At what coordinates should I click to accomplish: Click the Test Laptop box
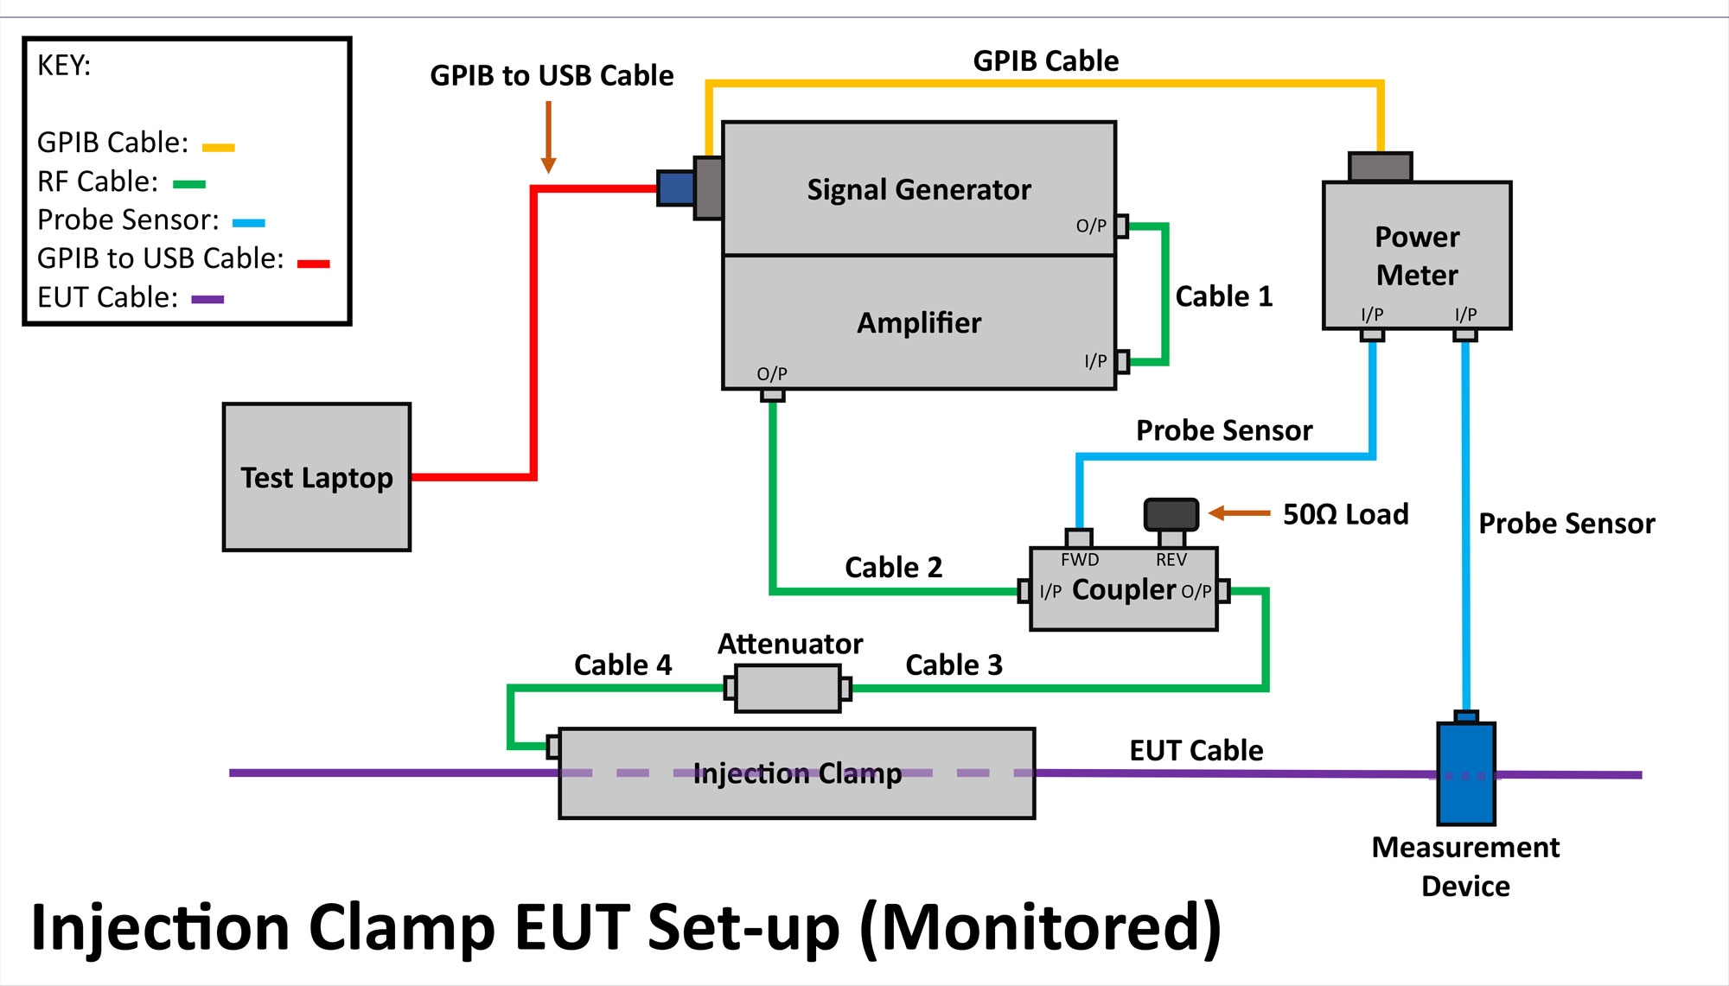coord(316,477)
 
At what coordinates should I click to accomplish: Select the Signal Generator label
coord(919,189)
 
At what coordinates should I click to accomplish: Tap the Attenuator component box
coord(788,689)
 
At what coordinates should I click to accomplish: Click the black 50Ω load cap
coord(1171,514)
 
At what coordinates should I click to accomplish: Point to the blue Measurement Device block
coord(1466,774)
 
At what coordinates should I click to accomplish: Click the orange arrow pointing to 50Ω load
coord(1239,513)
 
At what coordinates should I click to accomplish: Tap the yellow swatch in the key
coord(218,148)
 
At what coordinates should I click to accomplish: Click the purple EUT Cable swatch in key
coord(207,299)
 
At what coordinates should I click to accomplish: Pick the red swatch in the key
coord(313,263)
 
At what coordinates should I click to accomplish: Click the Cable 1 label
coord(1223,296)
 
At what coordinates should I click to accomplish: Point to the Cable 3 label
coord(954,665)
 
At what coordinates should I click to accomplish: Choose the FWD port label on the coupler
coord(1080,560)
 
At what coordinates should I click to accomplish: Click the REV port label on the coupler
coord(1171,560)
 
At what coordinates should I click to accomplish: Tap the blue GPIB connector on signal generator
coord(676,188)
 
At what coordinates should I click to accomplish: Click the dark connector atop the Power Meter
coord(1381,167)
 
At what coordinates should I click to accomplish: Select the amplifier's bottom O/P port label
coord(772,373)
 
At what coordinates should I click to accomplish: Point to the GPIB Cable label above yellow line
coord(1045,60)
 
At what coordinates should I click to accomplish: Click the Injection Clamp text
coord(797,773)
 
